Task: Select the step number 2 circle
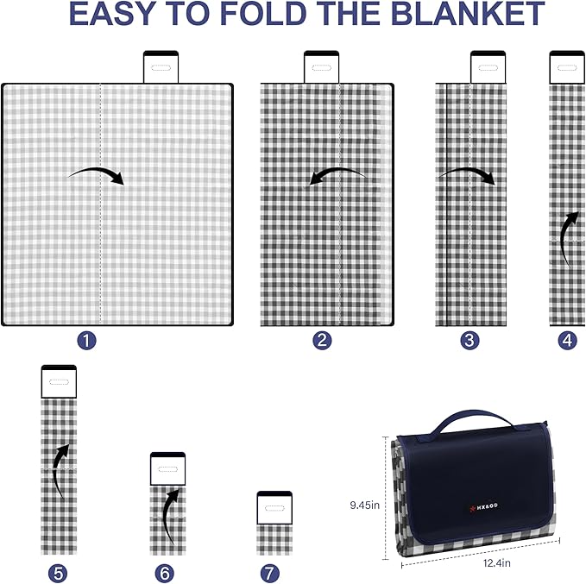[323, 341]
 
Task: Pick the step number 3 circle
[469, 341]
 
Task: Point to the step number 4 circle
[567, 341]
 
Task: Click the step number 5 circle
[59, 573]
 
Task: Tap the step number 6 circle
[166, 573]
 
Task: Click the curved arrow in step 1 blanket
[97, 174]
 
